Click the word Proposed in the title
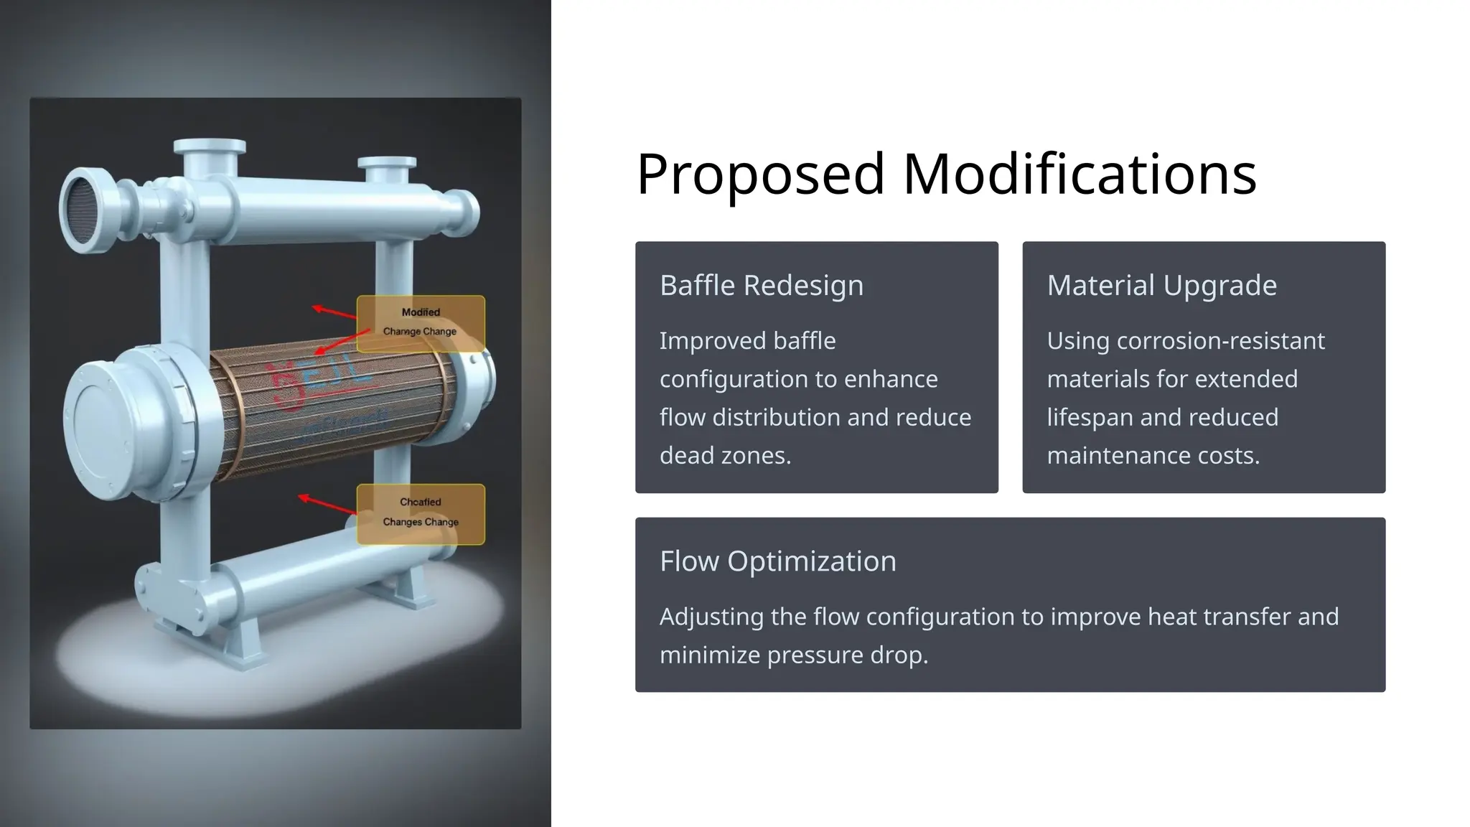click(x=760, y=174)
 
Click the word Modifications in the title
click(x=1079, y=174)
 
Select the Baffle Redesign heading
click(x=761, y=286)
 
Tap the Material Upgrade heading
click(x=1161, y=286)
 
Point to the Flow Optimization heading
click(x=777, y=561)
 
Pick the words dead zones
click(x=725, y=456)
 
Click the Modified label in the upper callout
click(x=421, y=312)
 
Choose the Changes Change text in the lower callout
click(x=420, y=522)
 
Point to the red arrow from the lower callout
click(x=327, y=503)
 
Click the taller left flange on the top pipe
click(x=210, y=147)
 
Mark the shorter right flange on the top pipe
click(x=387, y=164)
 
